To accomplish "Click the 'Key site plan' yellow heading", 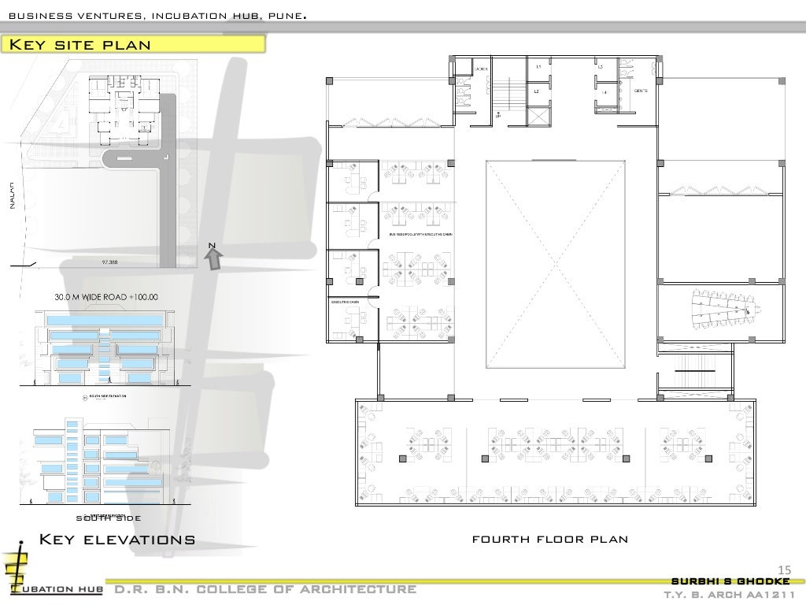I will coord(79,43).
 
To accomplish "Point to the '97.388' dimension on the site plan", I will coord(109,261).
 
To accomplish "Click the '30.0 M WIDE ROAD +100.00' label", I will coord(105,297).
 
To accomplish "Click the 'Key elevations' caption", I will coord(117,540).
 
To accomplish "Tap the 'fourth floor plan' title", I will coord(549,540).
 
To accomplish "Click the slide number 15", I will coord(783,570).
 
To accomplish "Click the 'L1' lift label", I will coord(538,67).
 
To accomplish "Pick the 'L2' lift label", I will coord(536,92).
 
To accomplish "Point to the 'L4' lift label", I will coord(604,93).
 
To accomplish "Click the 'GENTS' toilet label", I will coord(640,91).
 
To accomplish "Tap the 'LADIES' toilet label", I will coord(482,69).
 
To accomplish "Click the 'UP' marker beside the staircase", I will coord(498,115).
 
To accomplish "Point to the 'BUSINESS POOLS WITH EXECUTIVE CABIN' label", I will coord(421,235).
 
